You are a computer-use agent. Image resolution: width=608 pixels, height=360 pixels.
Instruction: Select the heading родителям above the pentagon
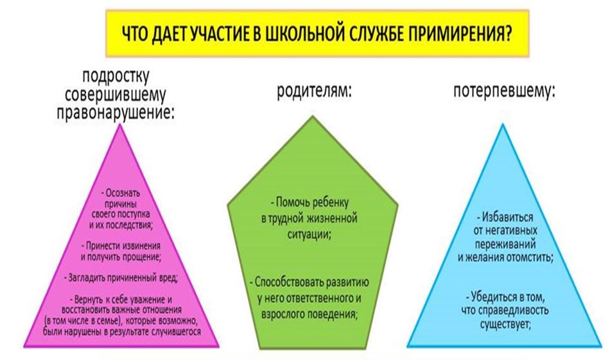pyautogui.click(x=314, y=92)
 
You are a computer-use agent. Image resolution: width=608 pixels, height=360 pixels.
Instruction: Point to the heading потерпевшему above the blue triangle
pyautogui.click(x=504, y=92)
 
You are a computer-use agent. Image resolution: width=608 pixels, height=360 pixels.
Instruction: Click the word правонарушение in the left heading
pyautogui.click(x=115, y=113)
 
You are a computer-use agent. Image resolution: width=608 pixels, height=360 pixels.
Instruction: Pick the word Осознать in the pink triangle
pyautogui.click(x=123, y=193)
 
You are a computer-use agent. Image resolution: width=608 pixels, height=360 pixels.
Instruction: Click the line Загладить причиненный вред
pyautogui.click(x=121, y=278)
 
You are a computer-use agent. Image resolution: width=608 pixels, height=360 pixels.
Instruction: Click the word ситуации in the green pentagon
pyautogui.click(x=309, y=235)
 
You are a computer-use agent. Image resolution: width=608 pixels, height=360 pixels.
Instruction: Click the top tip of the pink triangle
pyautogui.click(x=121, y=124)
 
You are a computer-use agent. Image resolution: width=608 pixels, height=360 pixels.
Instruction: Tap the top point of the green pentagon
pyautogui.click(x=313, y=116)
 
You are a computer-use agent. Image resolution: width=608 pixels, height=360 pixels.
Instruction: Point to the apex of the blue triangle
pyautogui.click(x=503, y=124)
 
